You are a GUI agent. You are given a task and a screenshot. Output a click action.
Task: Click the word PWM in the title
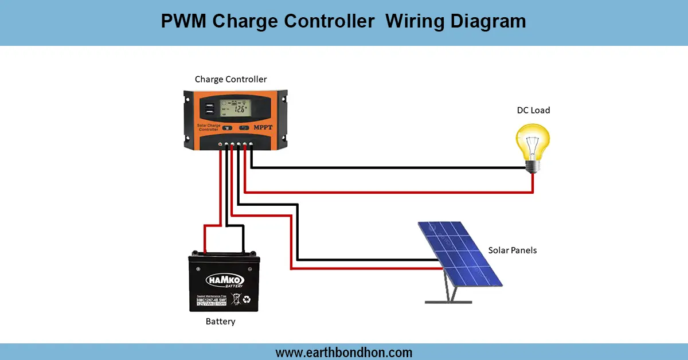(x=183, y=21)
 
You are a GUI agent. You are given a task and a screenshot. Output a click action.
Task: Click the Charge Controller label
(x=230, y=79)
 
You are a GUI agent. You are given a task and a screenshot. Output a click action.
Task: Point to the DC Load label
(x=533, y=110)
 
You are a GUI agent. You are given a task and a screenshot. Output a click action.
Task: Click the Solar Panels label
(x=513, y=251)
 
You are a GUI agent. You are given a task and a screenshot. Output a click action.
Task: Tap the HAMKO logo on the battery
(x=224, y=279)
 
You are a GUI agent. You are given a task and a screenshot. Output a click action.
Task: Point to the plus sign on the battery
(x=198, y=269)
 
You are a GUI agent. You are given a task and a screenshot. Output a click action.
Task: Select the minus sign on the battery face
(x=251, y=269)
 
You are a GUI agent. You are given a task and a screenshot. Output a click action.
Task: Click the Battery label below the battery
(x=221, y=322)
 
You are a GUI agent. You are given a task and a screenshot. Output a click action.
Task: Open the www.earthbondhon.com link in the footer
(x=344, y=352)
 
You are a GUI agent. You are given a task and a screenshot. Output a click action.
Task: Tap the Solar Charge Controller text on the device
(x=209, y=127)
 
